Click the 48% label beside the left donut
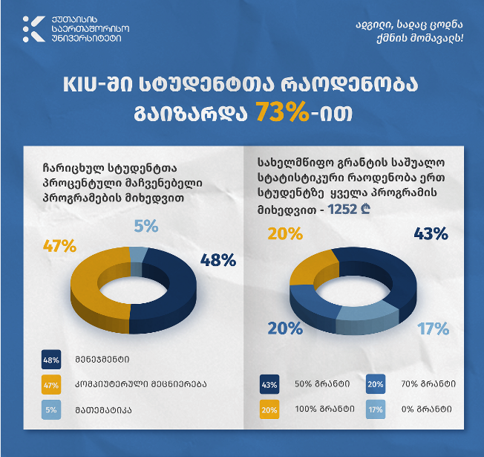[x=218, y=260]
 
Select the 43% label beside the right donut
[x=431, y=234]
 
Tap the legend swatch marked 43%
[x=269, y=385]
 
